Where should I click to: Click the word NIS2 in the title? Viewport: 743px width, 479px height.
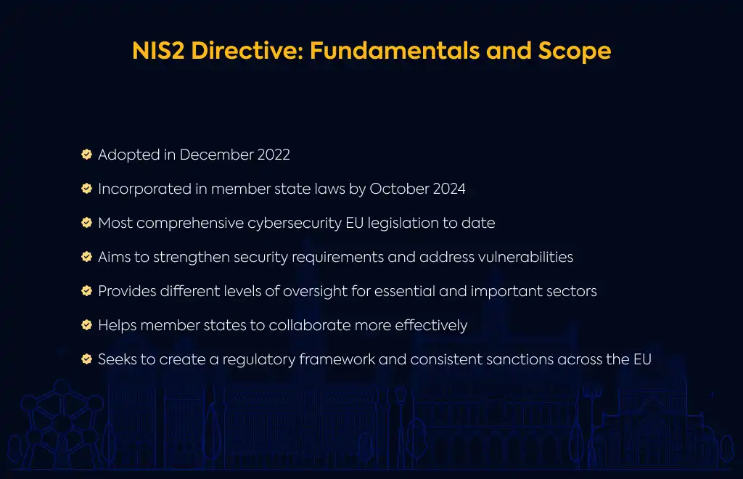157,51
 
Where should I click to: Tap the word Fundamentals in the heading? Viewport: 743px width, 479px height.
394,51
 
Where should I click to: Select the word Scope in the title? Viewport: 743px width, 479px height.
575,52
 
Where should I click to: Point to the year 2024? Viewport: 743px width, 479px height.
449,189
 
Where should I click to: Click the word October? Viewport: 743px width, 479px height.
400,189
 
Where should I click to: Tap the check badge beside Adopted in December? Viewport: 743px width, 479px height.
87,155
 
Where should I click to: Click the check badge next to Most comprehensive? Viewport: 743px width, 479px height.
87,223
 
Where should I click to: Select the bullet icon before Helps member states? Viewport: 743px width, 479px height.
87,325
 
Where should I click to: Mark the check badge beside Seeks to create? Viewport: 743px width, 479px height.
87,359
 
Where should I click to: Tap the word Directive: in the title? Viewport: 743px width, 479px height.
247,51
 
